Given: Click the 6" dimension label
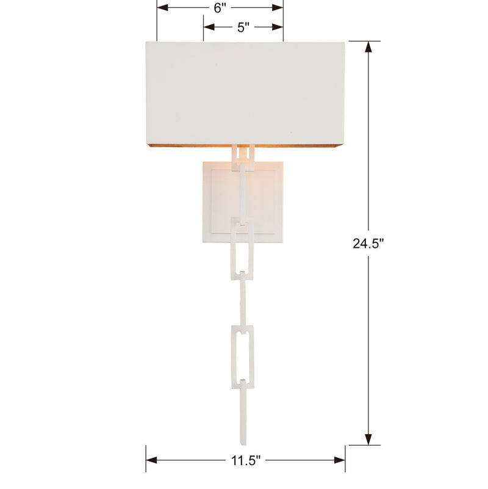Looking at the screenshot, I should point(220,9).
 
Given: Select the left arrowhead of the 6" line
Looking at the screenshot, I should point(162,8).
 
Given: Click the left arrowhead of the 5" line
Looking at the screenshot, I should point(208,27).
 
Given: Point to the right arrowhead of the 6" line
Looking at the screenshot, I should point(279,8).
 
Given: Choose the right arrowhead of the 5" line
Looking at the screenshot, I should point(279,27).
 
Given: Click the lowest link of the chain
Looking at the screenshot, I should point(245,403).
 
